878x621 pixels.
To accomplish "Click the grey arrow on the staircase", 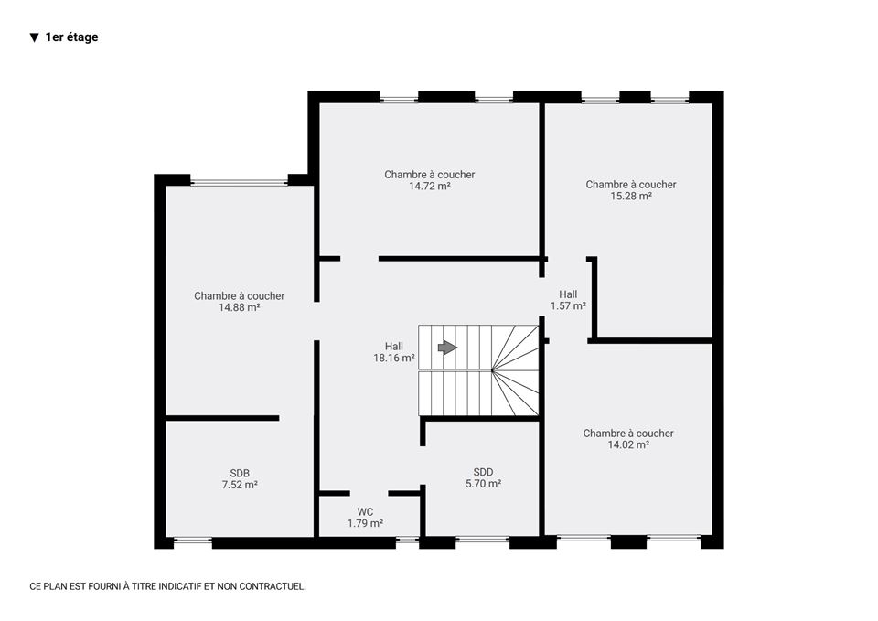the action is (x=447, y=348).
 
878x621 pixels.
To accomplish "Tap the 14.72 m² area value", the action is (x=430, y=187).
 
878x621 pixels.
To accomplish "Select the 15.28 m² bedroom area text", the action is (x=631, y=197).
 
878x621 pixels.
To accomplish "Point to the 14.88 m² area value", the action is (x=239, y=308).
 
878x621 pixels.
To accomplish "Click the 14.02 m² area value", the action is (x=628, y=445).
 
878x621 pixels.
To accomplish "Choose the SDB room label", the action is (x=240, y=473).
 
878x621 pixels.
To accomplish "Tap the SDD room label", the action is (x=483, y=472).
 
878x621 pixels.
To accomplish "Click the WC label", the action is (x=365, y=512).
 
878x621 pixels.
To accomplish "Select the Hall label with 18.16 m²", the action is (x=393, y=347).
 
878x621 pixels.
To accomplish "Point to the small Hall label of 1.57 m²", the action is (x=568, y=294).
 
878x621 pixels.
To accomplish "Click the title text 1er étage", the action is (x=71, y=37).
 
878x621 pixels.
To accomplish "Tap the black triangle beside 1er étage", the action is (x=35, y=38).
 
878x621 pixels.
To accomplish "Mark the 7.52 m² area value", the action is (x=240, y=485).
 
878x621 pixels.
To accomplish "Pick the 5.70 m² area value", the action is (x=483, y=484).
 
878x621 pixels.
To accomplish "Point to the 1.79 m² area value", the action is (x=365, y=523).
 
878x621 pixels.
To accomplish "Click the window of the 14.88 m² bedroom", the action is (x=239, y=182).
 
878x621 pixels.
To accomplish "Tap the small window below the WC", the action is (x=408, y=541).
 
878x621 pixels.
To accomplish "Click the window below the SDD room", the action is (x=483, y=541).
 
